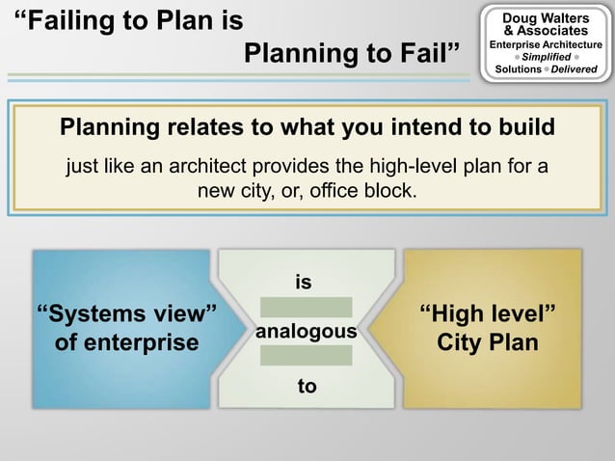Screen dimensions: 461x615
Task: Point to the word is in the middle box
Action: pyautogui.click(x=305, y=283)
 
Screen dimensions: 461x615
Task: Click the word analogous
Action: pyautogui.click(x=306, y=332)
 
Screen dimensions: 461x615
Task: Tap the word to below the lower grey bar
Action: pyautogui.click(x=307, y=386)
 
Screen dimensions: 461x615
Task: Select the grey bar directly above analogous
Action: pyautogui.click(x=306, y=307)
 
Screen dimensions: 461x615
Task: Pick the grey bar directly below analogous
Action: pyautogui.click(x=306, y=355)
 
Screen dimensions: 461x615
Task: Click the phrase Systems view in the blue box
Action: pyautogui.click(x=125, y=314)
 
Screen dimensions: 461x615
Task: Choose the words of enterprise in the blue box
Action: pyautogui.click(x=126, y=342)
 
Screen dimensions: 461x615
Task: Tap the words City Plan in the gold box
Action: pyautogui.click(x=488, y=342)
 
